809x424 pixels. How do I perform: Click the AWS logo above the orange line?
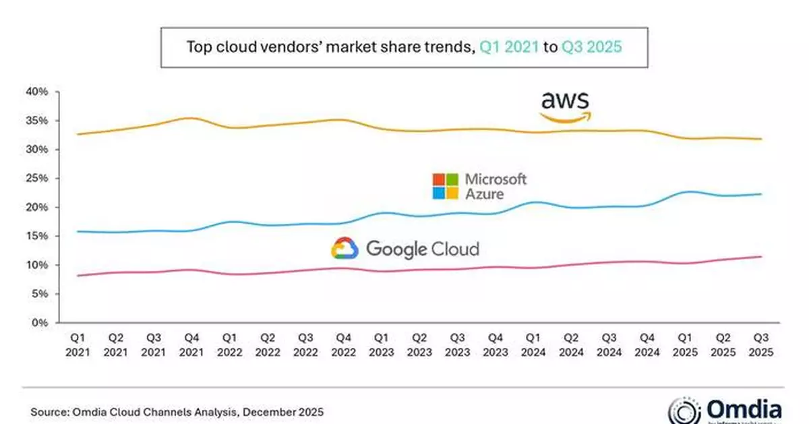[565, 107]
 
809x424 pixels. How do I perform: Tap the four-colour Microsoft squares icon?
[446, 186]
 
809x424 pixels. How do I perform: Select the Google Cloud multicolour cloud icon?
[344, 249]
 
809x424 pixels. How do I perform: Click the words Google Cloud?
[422, 249]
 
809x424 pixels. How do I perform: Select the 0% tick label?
[40, 323]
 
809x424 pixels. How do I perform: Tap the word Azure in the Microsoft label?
[483, 193]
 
